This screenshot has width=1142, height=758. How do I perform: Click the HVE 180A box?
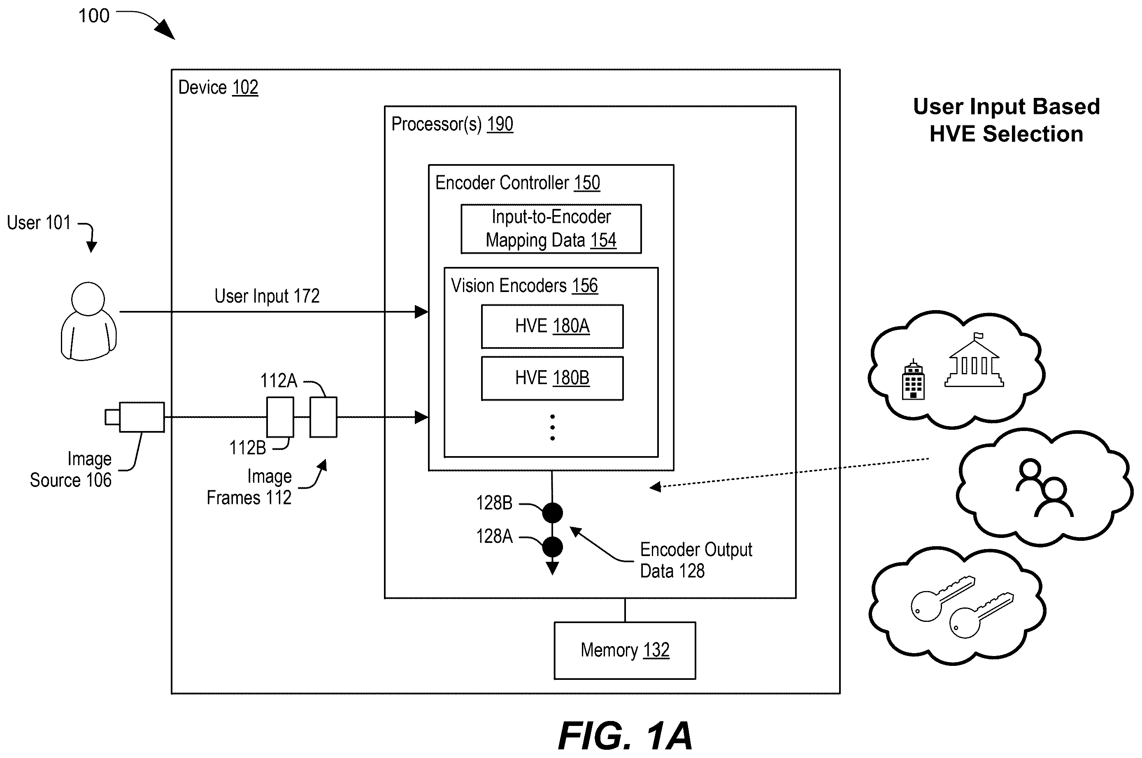pos(552,326)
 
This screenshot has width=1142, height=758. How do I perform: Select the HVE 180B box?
pos(552,378)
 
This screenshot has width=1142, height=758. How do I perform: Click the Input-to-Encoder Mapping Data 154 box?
pos(551,229)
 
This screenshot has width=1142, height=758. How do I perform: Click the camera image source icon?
pos(135,417)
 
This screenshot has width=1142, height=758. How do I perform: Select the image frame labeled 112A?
pos(323,417)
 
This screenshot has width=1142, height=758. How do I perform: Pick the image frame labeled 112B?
pos(280,417)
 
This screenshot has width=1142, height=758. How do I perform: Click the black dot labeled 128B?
pos(552,512)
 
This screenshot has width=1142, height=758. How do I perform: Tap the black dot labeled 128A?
pos(552,547)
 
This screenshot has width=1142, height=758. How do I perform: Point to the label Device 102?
pos(218,88)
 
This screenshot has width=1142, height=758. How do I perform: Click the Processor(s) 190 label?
pos(452,124)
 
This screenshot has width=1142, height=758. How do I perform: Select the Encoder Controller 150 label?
pos(518,183)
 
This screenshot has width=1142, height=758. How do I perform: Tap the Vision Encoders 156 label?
pos(524,286)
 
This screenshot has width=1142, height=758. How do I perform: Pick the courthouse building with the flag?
pos(974,360)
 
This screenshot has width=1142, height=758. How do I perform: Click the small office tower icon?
pos(913,380)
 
